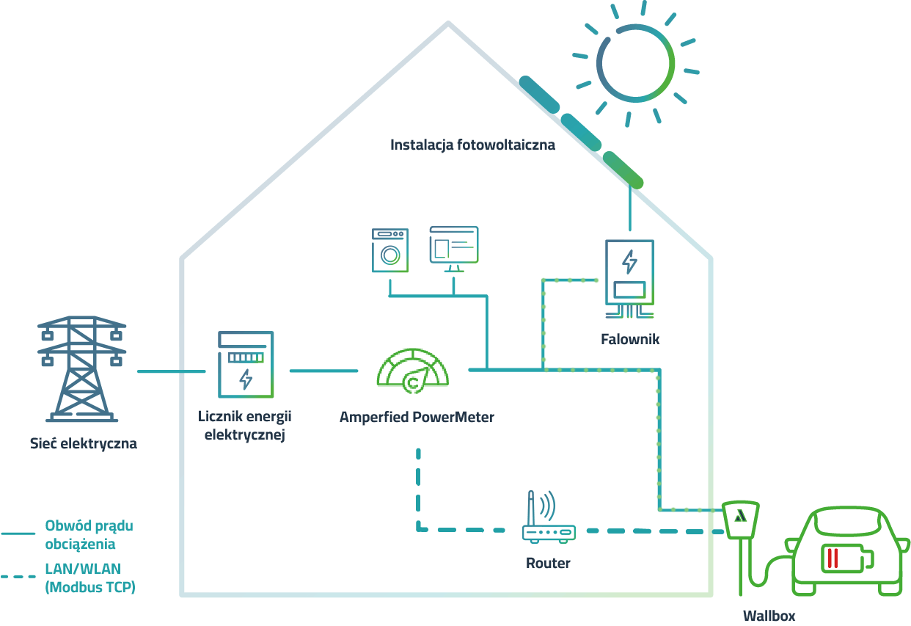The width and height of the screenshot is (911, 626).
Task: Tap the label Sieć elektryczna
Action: pos(84,443)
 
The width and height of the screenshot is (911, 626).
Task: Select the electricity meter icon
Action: pos(246,365)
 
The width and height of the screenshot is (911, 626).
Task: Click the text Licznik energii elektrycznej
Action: pos(245,426)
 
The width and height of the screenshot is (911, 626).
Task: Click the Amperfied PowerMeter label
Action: pos(417,418)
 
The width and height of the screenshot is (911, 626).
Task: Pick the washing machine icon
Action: pos(389,250)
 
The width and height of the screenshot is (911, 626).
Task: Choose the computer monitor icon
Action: pos(453,247)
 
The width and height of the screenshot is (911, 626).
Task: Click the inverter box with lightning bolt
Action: pos(629,273)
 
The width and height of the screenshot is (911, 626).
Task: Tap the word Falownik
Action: pos(630,339)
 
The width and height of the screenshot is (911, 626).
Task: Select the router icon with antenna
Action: pos(547,521)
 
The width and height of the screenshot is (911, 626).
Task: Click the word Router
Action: pos(548,564)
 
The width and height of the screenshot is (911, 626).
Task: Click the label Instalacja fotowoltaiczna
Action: pos(472,145)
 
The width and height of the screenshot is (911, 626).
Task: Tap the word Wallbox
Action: pos(769,616)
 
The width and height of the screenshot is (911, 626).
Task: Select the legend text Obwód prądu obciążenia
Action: pos(89,535)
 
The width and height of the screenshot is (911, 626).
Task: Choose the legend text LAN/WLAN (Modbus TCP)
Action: pos(90,578)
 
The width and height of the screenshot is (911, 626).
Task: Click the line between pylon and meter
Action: pos(171,371)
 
